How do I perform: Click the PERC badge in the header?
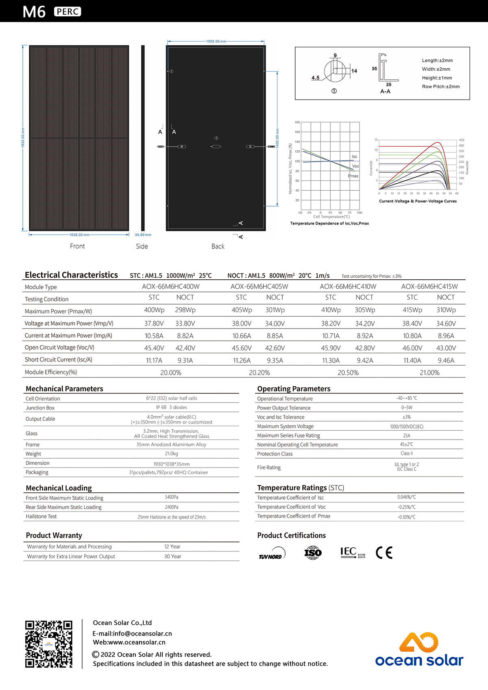(68, 12)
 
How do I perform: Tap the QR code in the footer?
(49, 644)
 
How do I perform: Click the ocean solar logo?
(419, 650)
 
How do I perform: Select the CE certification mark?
(384, 553)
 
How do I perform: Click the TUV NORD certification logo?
(272, 553)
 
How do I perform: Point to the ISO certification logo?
(313, 553)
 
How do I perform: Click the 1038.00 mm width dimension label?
(79, 235)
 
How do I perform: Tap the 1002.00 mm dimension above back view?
(216, 41)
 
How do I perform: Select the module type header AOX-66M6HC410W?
(348, 287)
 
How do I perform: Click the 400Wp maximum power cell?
(154, 310)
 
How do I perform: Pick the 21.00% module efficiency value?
(429, 372)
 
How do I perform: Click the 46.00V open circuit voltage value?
(412, 348)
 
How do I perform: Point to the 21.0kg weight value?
(171, 454)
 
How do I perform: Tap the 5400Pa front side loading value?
(172, 497)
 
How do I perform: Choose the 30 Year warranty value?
(172, 556)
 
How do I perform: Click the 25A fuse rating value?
(407, 435)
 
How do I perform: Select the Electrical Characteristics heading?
(71, 275)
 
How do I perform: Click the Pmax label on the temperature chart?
(353, 176)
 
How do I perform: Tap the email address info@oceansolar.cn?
(132, 633)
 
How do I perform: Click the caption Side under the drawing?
(142, 246)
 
